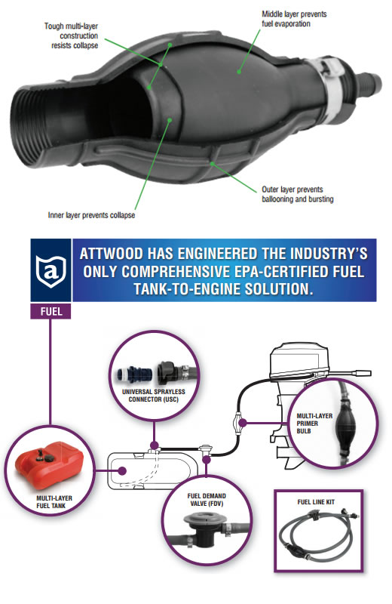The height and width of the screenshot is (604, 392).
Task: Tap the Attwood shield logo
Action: (51, 271)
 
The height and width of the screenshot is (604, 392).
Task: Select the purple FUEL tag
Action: (51, 311)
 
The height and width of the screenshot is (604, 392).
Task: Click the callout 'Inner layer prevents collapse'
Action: (91, 215)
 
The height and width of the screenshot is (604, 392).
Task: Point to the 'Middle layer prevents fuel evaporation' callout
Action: (294, 19)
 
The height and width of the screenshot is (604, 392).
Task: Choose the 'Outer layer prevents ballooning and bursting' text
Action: (297, 194)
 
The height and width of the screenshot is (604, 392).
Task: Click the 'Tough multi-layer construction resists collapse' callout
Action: (71, 35)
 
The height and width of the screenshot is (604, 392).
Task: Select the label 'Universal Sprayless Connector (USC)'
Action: (154, 395)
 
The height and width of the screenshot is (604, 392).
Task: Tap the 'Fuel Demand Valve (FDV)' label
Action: (207, 500)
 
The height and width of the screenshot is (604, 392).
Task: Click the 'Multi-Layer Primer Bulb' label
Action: (314, 424)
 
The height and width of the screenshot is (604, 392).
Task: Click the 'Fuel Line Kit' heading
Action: (316, 502)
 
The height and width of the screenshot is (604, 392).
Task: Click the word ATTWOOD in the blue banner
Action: (112, 254)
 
